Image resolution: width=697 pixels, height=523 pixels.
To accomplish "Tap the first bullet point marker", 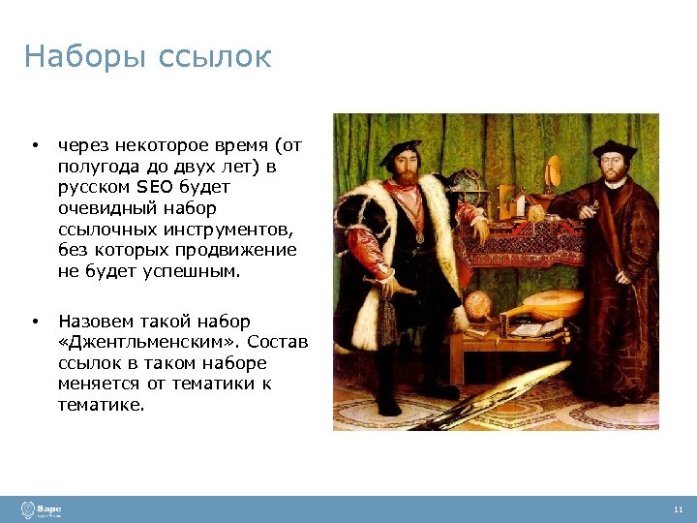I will pyautogui.click(x=34, y=145).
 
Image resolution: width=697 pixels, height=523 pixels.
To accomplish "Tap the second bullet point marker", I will pyautogui.click(x=34, y=321).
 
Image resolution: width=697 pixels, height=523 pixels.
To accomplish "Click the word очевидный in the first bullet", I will pyautogui.click(x=101, y=209).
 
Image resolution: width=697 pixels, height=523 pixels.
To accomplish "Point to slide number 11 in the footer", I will pyautogui.click(x=677, y=509).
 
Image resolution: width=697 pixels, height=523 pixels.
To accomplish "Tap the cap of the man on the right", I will pyautogui.click(x=613, y=149).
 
